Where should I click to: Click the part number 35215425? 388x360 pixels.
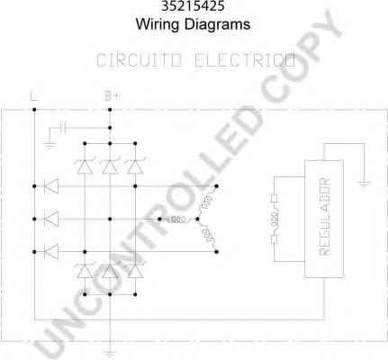click(193, 5)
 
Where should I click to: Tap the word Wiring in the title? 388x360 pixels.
click(158, 24)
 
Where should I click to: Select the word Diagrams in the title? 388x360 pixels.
click(217, 24)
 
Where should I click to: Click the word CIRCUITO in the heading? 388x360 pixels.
click(139, 60)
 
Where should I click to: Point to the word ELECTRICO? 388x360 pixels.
click(245, 60)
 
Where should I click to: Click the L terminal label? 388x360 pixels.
click(34, 96)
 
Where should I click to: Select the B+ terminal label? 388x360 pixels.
click(112, 96)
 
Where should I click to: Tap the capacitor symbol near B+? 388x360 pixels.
click(63, 128)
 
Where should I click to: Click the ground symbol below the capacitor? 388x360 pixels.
click(50, 146)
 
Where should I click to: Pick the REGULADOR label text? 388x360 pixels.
click(324, 217)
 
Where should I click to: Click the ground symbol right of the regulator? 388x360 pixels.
click(364, 184)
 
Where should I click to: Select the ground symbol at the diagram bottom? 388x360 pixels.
click(110, 354)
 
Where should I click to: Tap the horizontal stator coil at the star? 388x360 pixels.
click(178, 220)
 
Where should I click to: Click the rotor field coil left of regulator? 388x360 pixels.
click(275, 219)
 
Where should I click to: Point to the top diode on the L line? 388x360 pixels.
click(51, 186)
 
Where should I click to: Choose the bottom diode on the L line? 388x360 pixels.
click(51, 251)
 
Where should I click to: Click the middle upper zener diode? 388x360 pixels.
click(110, 166)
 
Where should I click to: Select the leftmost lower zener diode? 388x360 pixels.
click(85, 270)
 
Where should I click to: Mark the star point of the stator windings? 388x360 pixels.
click(197, 220)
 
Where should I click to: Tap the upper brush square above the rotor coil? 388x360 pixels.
click(274, 199)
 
